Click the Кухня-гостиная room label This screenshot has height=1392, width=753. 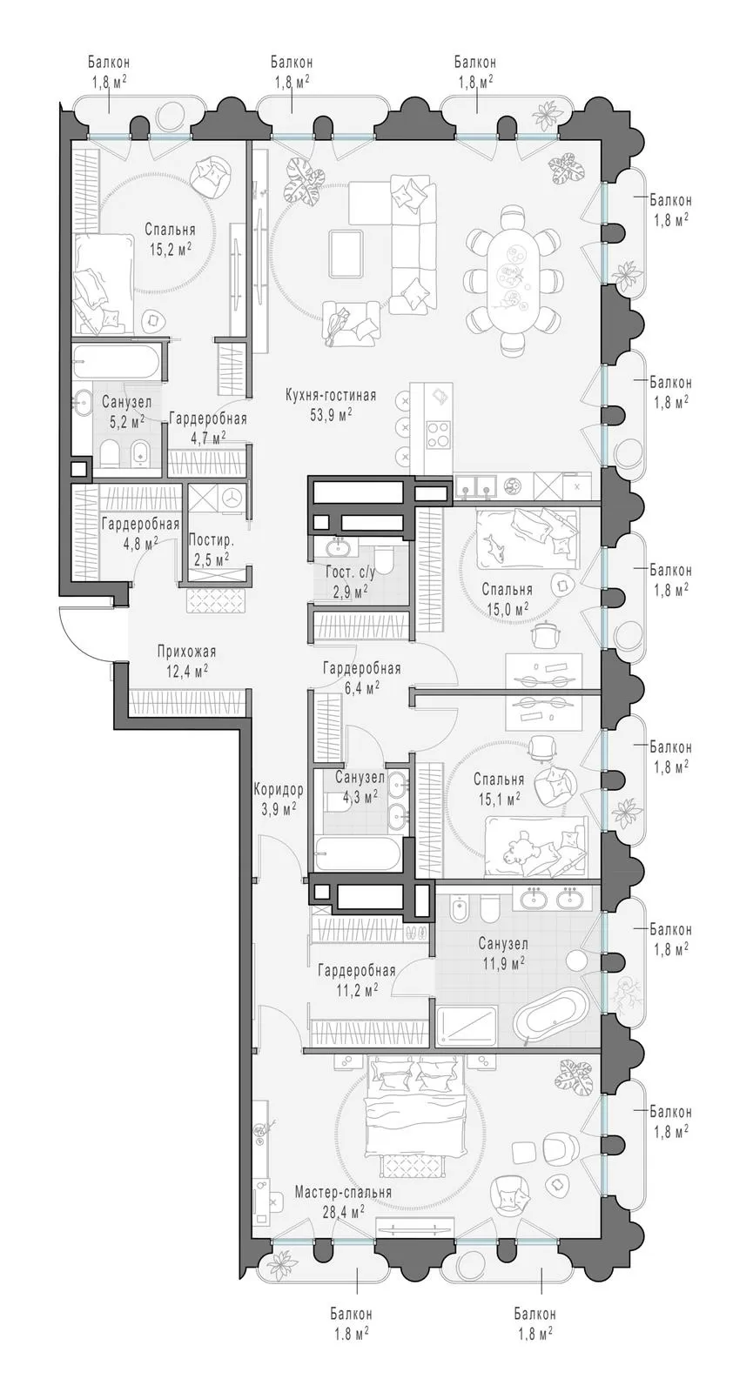click(x=330, y=395)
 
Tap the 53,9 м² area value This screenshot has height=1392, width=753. click(x=332, y=414)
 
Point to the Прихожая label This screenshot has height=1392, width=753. click(x=186, y=652)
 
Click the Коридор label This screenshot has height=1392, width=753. click(x=279, y=790)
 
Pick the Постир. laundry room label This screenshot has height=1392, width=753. click(x=211, y=540)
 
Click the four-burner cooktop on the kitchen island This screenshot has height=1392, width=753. click(x=438, y=434)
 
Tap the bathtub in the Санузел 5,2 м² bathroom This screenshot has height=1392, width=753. click(x=116, y=362)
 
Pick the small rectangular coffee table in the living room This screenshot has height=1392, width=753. click(x=346, y=253)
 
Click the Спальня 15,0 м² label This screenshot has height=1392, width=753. click(x=507, y=598)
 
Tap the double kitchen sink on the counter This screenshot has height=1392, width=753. click(x=475, y=485)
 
